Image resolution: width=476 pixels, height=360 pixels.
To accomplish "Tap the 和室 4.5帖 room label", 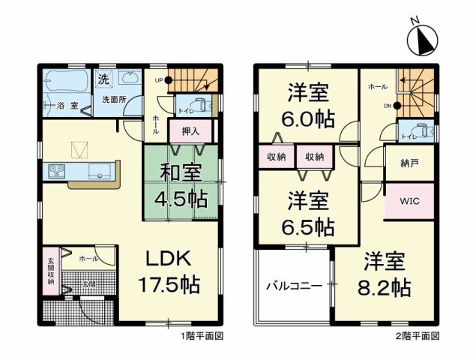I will pos(181,186).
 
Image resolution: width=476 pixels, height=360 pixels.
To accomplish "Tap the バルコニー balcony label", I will pos(293,286).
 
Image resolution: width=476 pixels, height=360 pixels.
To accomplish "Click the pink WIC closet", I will pos(408,201).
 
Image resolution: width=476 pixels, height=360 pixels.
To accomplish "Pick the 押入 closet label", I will pos(191,131).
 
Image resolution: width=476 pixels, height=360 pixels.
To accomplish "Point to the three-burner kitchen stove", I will pos(57,171).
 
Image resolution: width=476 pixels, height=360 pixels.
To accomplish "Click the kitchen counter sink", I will pos(100,171).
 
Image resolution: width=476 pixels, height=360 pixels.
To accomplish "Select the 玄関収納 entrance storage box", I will pos(51,269).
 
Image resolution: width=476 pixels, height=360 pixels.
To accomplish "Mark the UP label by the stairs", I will pos(158,79).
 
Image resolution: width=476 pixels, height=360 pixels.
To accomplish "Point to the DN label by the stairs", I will pos(388,106).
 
